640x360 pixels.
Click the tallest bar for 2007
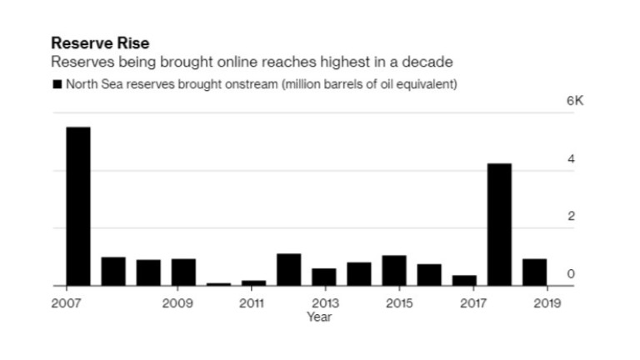(77, 207)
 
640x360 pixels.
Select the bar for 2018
(499, 225)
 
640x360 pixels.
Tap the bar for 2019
(534, 272)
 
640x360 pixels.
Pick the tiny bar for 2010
(218, 284)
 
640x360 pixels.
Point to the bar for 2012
(288, 270)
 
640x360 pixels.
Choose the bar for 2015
(394, 271)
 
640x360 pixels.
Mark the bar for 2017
(464, 281)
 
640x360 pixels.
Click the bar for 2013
(323, 277)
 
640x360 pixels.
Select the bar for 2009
(183, 272)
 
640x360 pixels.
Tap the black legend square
(57, 84)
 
